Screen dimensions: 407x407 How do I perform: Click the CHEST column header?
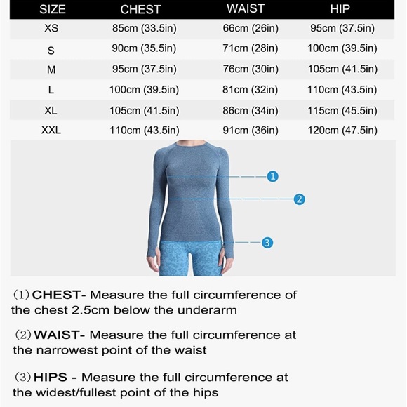(x=140, y=9)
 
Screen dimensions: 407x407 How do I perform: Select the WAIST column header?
(x=246, y=9)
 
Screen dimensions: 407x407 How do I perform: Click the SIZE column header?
(x=52, y=9)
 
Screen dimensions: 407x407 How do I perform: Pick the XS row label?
(x=51, y=29)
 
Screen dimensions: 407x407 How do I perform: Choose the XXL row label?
(x=51, y=130)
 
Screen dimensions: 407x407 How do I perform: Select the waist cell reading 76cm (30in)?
(x=251, y=69)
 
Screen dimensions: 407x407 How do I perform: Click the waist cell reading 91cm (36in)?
(x=251, y=130)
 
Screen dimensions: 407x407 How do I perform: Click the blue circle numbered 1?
(x=273, y=176)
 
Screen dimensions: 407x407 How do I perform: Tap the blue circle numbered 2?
(x=299, y=199)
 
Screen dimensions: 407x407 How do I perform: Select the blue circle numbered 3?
(x=267, y=243)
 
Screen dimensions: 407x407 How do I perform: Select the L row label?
(x=51, y=90)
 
